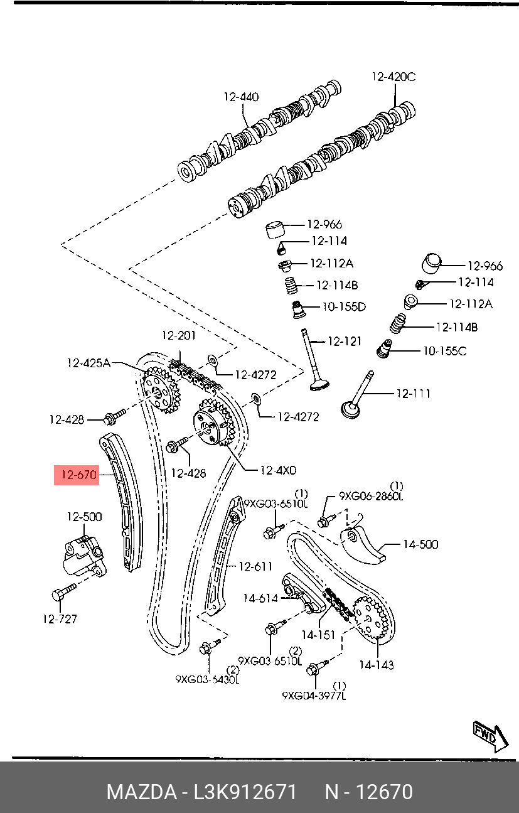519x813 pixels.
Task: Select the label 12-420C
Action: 393,77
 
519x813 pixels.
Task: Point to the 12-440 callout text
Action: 241,97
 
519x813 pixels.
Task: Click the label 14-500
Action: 420,544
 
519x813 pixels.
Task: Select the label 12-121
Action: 345,342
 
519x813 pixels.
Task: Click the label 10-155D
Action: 343,307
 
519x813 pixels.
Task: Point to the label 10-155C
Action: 444,351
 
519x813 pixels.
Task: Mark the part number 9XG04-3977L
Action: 314,696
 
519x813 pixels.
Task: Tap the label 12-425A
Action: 89,362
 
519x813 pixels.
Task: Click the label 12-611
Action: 255,566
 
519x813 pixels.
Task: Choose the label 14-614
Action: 260,598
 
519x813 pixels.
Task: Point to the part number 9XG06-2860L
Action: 371,496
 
